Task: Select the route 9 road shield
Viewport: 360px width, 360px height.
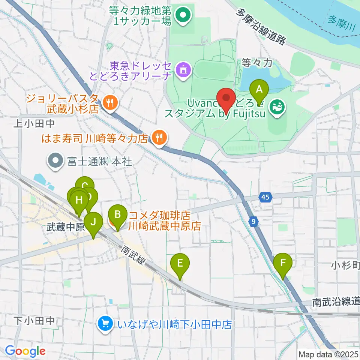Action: (x=254, y=222)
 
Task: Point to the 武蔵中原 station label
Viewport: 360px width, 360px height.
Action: (x=61, y=227)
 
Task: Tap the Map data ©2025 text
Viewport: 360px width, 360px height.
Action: (x=328, y=354)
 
